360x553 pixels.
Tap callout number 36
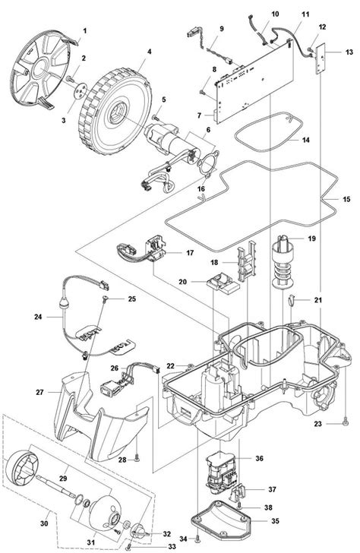pyautogui.click(x=259, y=458)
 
